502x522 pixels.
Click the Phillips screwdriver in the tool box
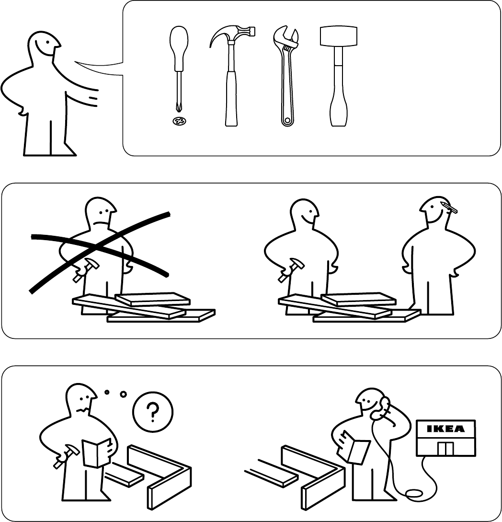pos(179,67)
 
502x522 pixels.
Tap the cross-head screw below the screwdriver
pos(179,121)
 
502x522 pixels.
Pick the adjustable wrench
pos(286,76)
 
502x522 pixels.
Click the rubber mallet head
pos(338,36)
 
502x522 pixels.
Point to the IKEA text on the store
pos(445,429)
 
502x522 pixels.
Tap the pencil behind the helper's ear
pos(449,207)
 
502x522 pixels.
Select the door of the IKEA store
pos(445,449)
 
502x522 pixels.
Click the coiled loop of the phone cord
pos(413,494)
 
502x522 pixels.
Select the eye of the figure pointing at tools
pos(48,43)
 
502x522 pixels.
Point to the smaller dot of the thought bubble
pos(107,392)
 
